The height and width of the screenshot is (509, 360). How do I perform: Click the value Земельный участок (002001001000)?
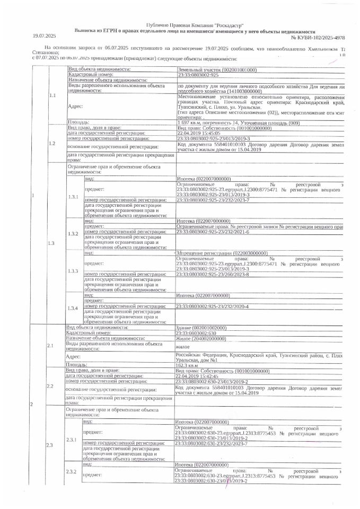pyautogui.click(x=217, y=70)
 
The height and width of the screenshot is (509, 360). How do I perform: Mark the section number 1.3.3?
pyautogui.click(x=73, y=271)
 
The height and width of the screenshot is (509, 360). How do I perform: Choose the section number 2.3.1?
pyautogui.click(x=72, y=440)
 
